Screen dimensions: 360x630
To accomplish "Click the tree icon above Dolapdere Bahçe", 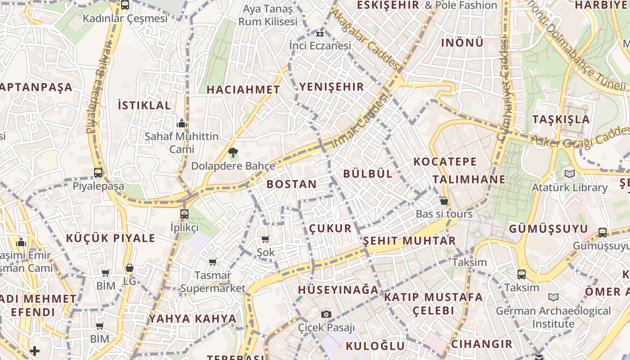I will [233, 153].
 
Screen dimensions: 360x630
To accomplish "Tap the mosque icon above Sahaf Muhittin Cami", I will [182, 123].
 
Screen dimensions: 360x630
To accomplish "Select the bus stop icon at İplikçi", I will [184, 214].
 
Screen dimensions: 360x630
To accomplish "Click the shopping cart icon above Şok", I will [265, 239].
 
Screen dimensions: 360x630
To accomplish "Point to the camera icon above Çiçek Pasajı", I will [326, 314].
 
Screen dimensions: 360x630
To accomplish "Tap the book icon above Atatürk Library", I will [570, 174].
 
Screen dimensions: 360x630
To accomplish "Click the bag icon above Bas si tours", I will [444, 201].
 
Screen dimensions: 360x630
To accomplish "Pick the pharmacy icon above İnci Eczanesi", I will [320, 33].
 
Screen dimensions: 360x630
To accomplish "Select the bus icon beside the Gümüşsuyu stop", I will [603, 233].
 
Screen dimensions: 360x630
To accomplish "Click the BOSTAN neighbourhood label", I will [292, 184].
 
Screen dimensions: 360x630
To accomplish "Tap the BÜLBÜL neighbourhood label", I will [368, 174].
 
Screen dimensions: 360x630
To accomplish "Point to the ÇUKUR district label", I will [330, 228].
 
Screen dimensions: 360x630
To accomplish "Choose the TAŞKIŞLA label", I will [561, 119].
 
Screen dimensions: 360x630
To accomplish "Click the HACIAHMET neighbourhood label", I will [243, 90].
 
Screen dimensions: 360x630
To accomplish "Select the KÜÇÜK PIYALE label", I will [111, 238].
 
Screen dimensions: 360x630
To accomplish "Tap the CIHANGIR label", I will [481, 344].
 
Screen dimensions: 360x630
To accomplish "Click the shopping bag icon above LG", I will [130, 268].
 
